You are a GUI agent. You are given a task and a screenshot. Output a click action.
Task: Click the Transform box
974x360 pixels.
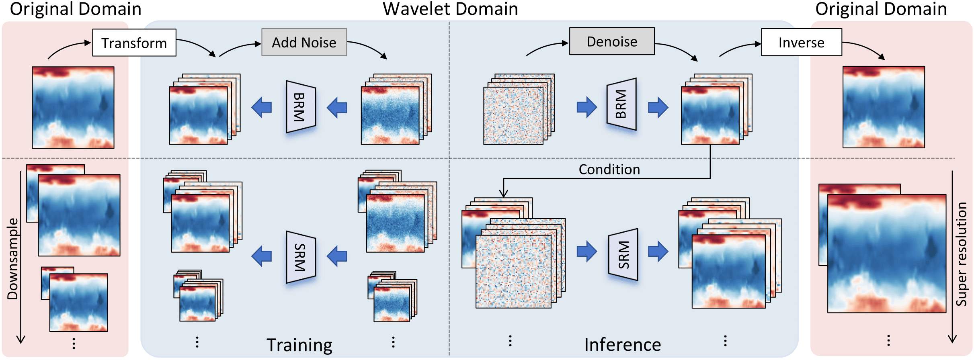pyautogui.click(x=134, y=43)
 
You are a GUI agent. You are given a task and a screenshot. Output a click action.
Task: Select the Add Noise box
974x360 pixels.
pyautogui.click(x=304, y=42)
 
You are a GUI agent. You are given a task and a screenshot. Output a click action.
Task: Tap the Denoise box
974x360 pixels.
pyautogui.click(x=612, y=41)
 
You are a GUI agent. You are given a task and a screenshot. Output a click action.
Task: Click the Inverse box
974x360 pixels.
pyautogui.click(x=801, y=42)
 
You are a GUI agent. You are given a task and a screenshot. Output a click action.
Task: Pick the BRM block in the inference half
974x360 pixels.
pyautogui.click(x=621, y=104)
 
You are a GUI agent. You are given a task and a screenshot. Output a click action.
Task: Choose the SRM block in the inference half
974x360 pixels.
pyautogui.click(x=623, y=255)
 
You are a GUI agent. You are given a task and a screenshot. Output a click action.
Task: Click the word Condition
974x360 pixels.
pyautogui.click(x=609, y=170)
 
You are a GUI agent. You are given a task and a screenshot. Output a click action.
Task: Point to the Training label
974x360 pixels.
pyautogui.click(x=299, y=345)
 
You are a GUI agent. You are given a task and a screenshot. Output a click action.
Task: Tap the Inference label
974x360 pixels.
pyautogui.click(x=622, y=345)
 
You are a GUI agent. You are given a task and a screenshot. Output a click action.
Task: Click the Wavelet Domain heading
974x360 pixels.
pyautogui.click(x=450, y=9)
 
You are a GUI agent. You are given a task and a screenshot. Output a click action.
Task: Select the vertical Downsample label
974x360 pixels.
pyautogui.click(x=13, y=259)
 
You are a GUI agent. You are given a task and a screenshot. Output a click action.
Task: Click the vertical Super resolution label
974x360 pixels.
pyautogui.click(x=961, y=254)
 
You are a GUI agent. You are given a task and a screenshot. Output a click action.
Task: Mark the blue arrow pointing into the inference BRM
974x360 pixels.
pyautogui.click(x=587, y=107)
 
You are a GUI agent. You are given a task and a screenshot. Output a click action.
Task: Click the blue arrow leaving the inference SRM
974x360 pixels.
pyautogui.click(x=658, y=252)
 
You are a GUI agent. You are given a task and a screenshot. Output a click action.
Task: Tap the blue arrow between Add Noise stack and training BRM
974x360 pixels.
pyautogui.click(x=337, y=107)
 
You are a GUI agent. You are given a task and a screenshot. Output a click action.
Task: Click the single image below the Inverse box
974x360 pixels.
pyautogui.click(x=884, y=107)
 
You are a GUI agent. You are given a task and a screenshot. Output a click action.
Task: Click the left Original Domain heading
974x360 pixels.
pyautogui.click(x=76, y=9)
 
